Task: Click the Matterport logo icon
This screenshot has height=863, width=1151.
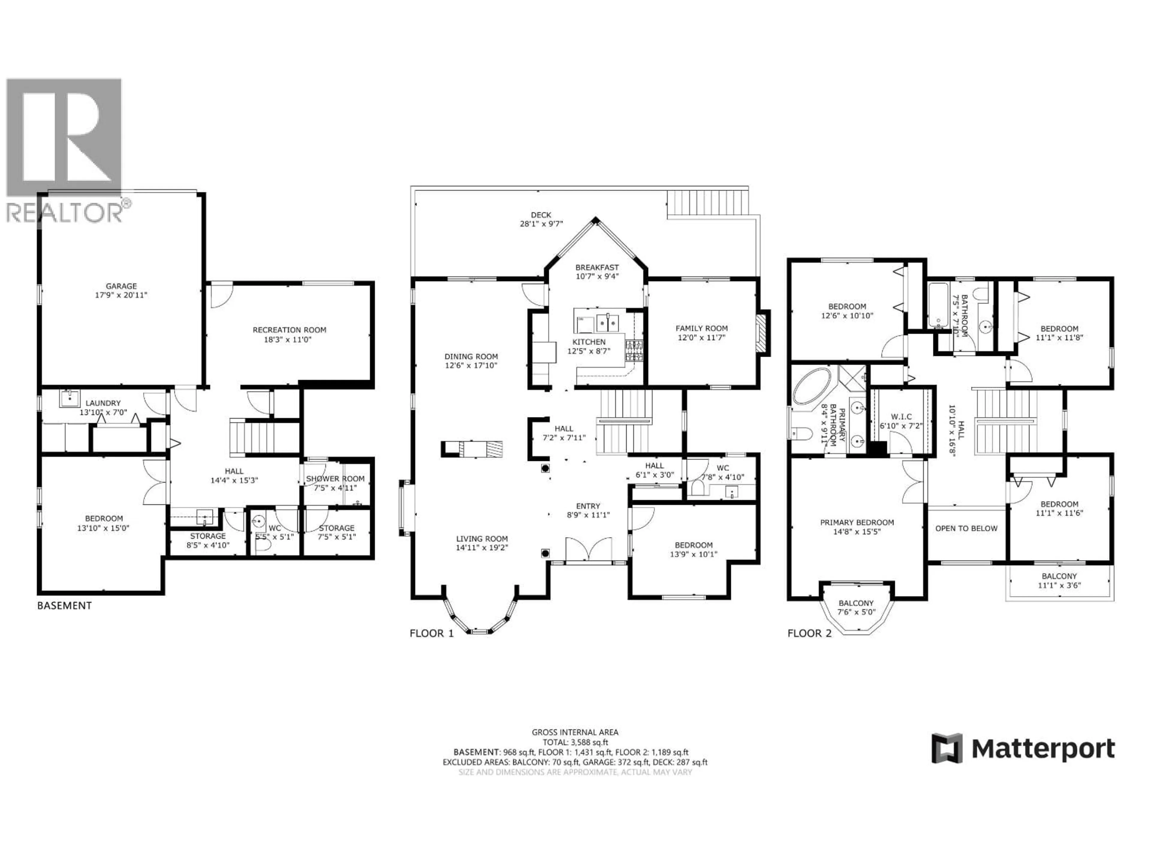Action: [x=947, y=749]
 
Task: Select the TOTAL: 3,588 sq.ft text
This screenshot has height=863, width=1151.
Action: [x=575, y=742]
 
